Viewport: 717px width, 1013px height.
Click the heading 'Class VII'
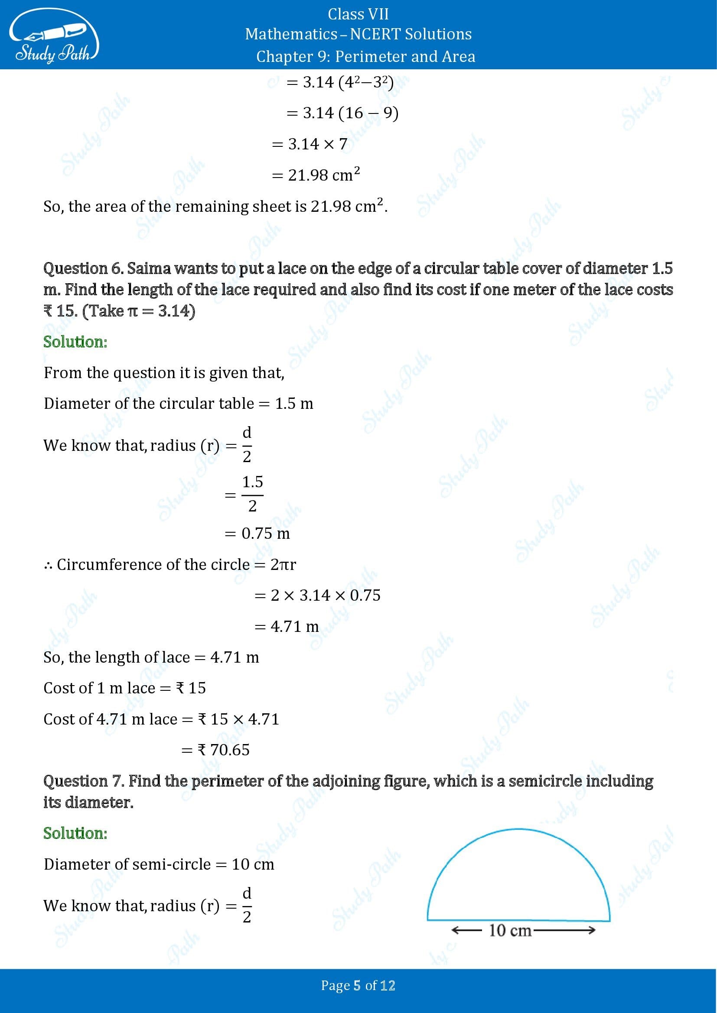tap(358, 14)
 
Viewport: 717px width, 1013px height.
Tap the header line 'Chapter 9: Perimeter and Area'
tap(365, 56)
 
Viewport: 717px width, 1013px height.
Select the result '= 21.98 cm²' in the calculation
tap(316, 175)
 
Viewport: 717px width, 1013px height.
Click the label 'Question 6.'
tap(83, 268)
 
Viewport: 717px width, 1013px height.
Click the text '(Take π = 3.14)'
tap(139, 311)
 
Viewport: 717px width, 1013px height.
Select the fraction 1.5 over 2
tap(252, 494)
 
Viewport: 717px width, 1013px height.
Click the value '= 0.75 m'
tap(257, 534)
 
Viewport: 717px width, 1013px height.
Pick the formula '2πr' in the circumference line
tap(283, 564)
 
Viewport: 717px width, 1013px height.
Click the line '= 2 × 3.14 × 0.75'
tap(317, 595)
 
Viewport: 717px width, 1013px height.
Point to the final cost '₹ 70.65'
tap(224, 750)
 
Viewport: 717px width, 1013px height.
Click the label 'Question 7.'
tap(83, 781)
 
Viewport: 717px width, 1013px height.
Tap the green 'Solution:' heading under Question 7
tap(75, 833)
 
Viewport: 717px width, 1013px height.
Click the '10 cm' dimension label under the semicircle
tap(510, 930)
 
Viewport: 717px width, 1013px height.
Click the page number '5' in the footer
tap(357, 985)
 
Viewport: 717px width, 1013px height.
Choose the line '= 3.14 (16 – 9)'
tap(342, 113)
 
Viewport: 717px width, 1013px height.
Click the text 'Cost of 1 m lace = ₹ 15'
tap(124, 688)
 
